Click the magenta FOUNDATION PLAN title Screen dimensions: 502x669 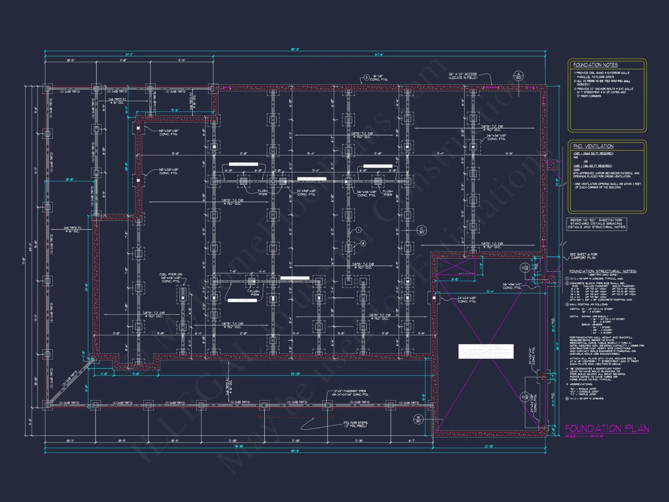607,428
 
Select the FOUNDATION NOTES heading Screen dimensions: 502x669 595,65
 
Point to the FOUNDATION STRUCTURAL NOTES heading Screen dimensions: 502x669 603,271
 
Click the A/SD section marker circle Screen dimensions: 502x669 518,76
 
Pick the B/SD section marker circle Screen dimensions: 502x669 418,419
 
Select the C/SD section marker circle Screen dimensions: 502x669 421,230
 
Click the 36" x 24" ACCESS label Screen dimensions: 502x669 463,76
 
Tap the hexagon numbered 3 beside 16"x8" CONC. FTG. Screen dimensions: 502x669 367,78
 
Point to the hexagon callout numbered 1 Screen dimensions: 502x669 358,230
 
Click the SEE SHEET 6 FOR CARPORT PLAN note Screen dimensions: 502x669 583,256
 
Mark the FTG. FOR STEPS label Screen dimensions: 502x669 355,424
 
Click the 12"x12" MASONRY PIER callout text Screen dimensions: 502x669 350,393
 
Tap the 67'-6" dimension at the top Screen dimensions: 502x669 379,55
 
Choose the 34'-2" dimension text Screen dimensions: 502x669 129,55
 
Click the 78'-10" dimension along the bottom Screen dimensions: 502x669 238,446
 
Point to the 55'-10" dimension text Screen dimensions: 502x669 296,374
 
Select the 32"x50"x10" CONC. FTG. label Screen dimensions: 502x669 306,192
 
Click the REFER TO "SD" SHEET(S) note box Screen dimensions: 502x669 596,224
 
